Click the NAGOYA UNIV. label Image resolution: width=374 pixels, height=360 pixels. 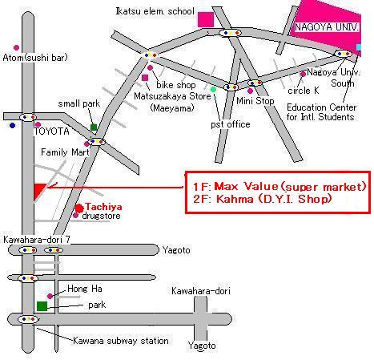tap(327, 27)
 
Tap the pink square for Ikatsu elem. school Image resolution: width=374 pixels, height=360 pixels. tap(206, 19)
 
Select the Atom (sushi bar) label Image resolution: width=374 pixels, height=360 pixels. tap(35, 58)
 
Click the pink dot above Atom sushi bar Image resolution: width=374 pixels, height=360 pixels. tap(16, 47)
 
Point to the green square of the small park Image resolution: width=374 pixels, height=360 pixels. tap(94, 127)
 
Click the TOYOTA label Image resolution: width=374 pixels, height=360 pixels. tap(51, 131)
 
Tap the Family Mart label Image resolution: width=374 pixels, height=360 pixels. tap(65, 152)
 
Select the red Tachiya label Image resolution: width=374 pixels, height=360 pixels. tap(103, 207)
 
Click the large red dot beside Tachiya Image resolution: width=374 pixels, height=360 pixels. tap(79, 208)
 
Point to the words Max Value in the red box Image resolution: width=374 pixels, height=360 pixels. tap(246, 186)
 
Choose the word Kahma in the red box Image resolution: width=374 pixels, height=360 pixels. tap(235, 199)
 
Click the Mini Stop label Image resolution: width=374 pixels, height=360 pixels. tap(255, 101)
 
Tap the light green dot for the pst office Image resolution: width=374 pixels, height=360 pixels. tap(213, 89)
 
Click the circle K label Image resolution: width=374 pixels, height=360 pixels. tap(304, 91)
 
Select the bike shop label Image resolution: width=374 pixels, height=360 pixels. tap(176, 85)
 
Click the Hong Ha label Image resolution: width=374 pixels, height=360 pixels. tap(85, 289)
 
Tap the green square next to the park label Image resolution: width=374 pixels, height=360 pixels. tap(42, 306)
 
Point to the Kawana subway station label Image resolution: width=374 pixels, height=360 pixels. tap(121, 341)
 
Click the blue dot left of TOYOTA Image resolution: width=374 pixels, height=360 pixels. tap(12, 125)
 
